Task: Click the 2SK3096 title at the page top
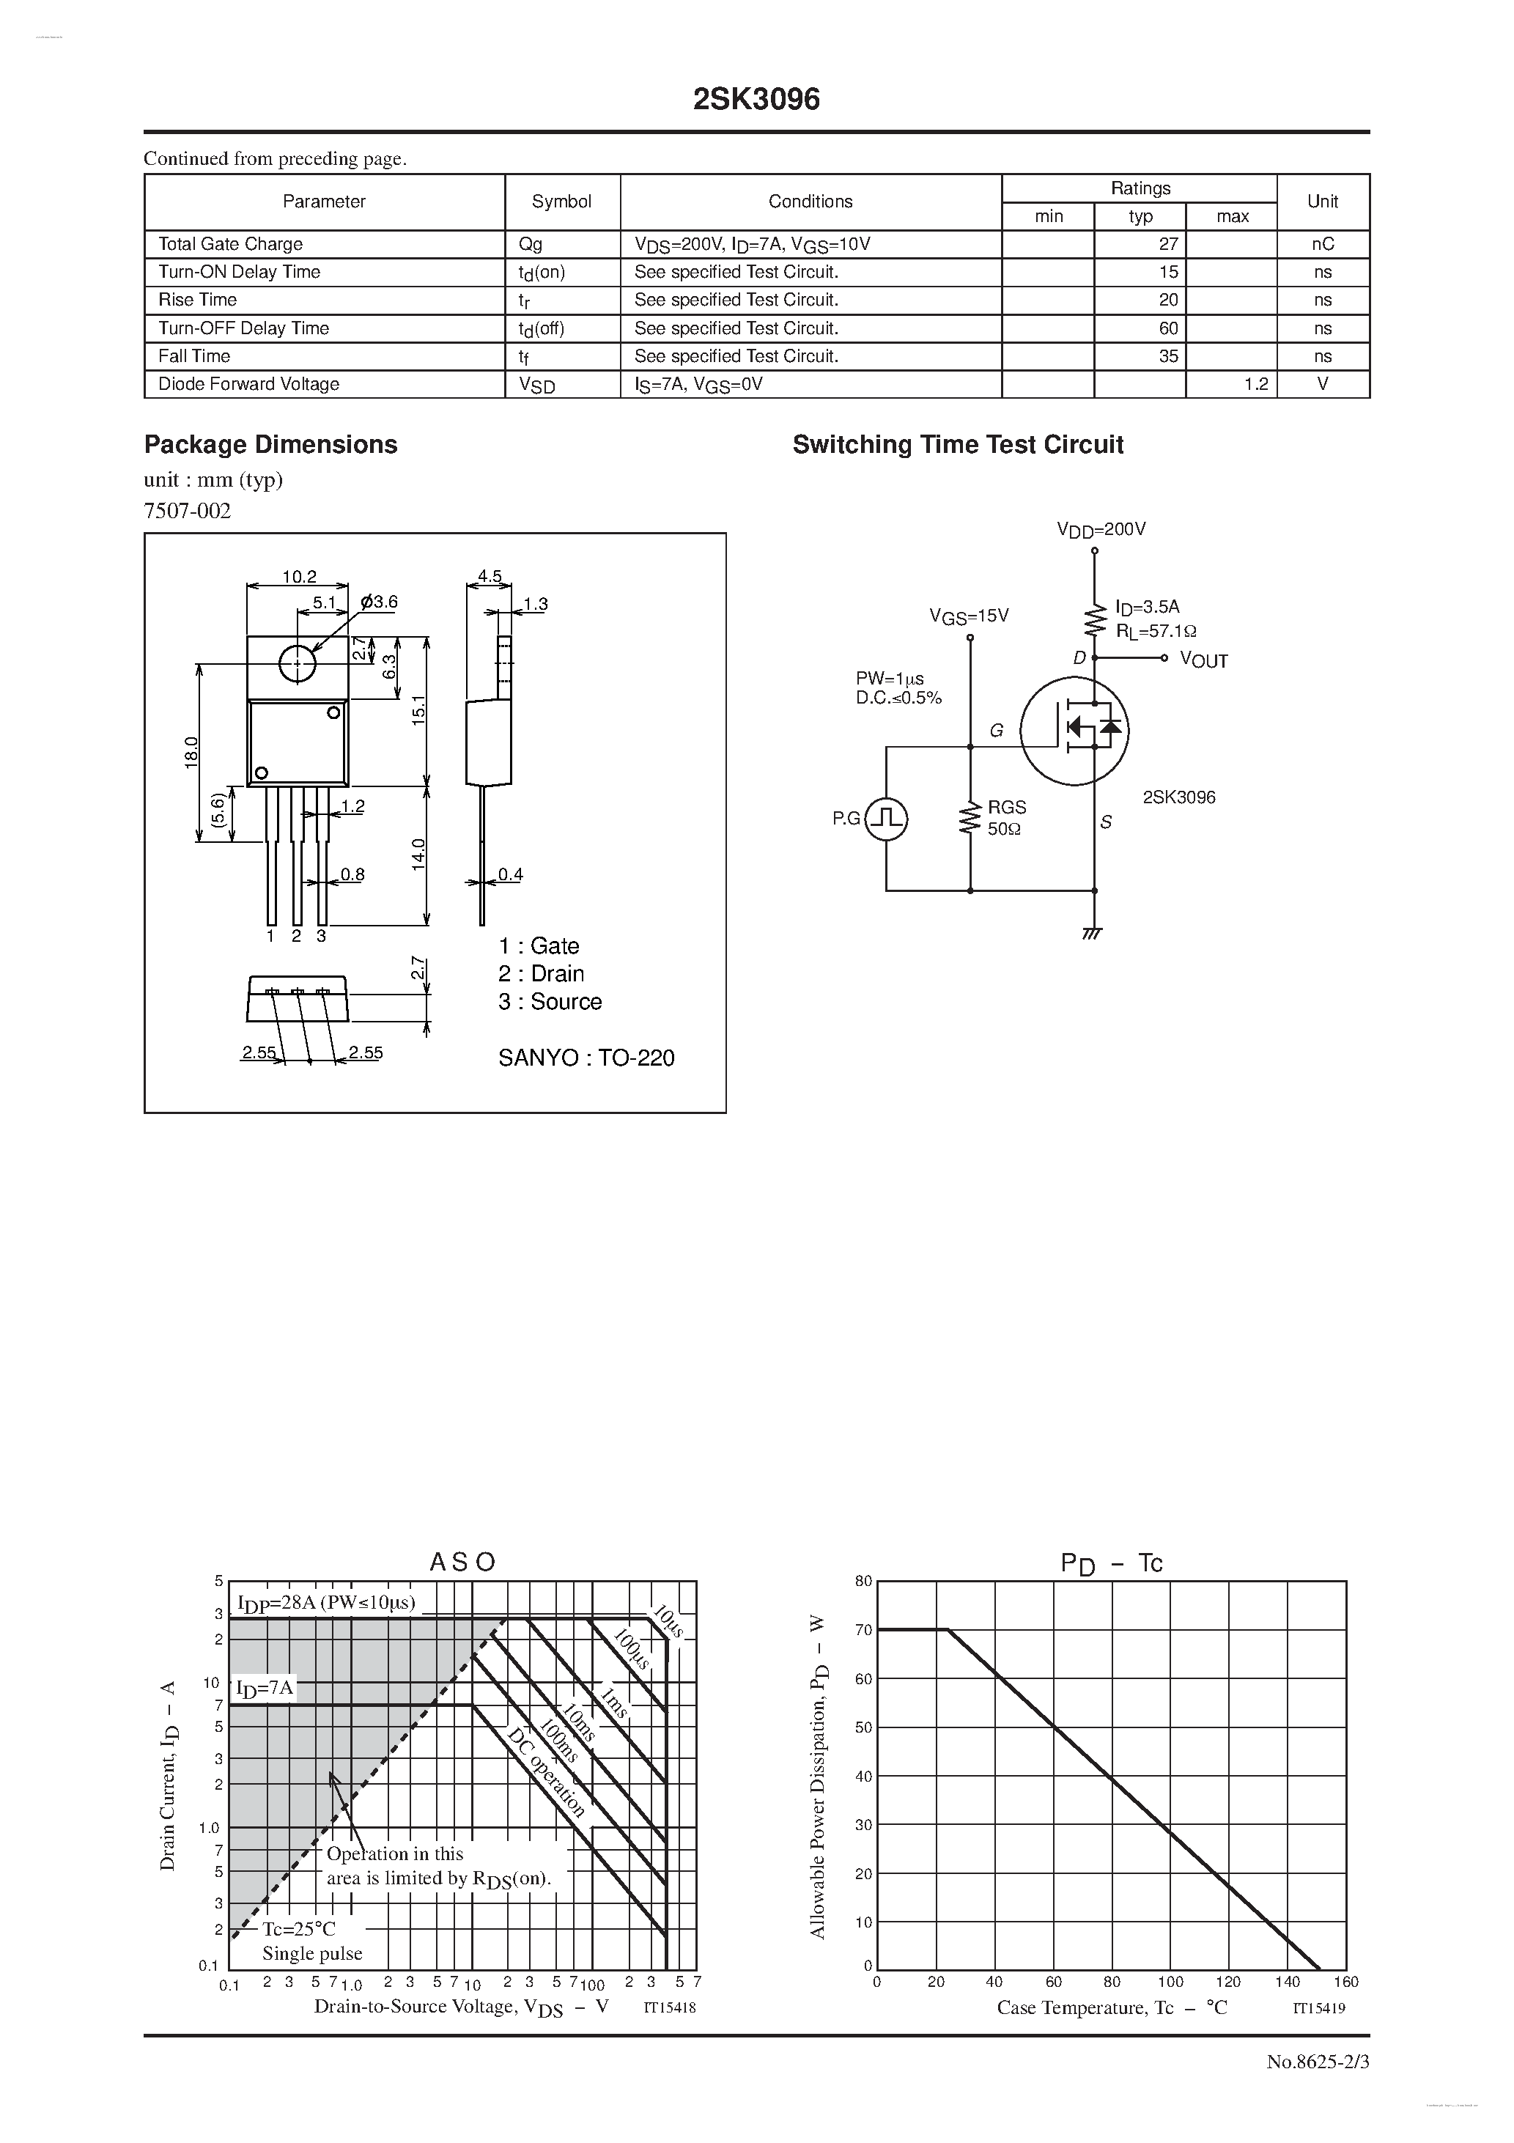(756, 100)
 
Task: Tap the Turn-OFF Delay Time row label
(243, 328)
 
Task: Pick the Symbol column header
(561, 202)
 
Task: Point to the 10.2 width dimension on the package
(299, 577)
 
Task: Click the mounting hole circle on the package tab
(298, 663)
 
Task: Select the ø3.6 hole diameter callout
(379, 602)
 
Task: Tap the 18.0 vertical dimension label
(191, 752)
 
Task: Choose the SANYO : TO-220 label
(586, 1058)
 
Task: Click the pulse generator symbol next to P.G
(886, 819)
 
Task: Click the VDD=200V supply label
(1101, 529)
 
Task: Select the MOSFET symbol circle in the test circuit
(1074, 731)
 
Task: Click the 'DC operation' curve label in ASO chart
(546, 1772)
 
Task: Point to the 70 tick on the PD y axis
(863, 1630)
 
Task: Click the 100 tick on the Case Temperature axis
(1170, 1982)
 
